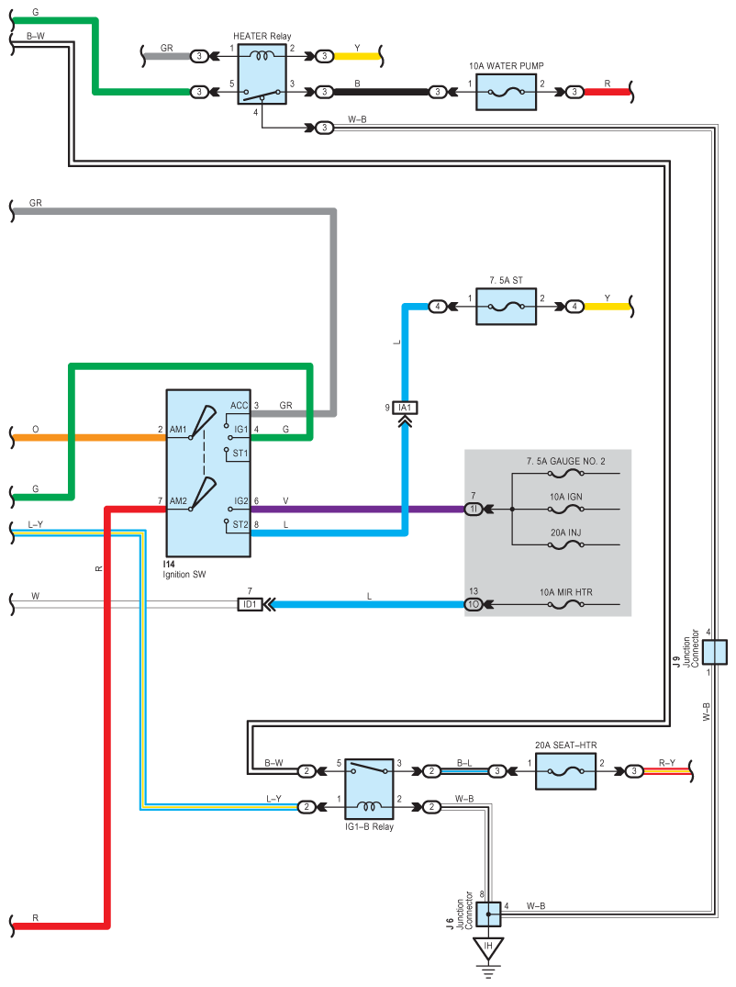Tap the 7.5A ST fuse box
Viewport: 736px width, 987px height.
tap(506, 306)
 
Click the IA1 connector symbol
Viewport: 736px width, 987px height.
tap(405, 407)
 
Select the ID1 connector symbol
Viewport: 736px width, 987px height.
tap(250, 605)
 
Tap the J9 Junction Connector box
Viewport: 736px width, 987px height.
tap(715, 652)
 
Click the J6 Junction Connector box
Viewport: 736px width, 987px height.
tap(488, 914)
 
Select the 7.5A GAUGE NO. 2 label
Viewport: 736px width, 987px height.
tap(565, 461)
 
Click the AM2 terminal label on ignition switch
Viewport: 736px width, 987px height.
tap(178, 502)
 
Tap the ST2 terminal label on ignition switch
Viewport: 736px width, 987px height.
tap(240, 524)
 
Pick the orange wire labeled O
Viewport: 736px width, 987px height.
tap(92, 437)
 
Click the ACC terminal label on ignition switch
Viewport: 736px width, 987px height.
tap(239, 405)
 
